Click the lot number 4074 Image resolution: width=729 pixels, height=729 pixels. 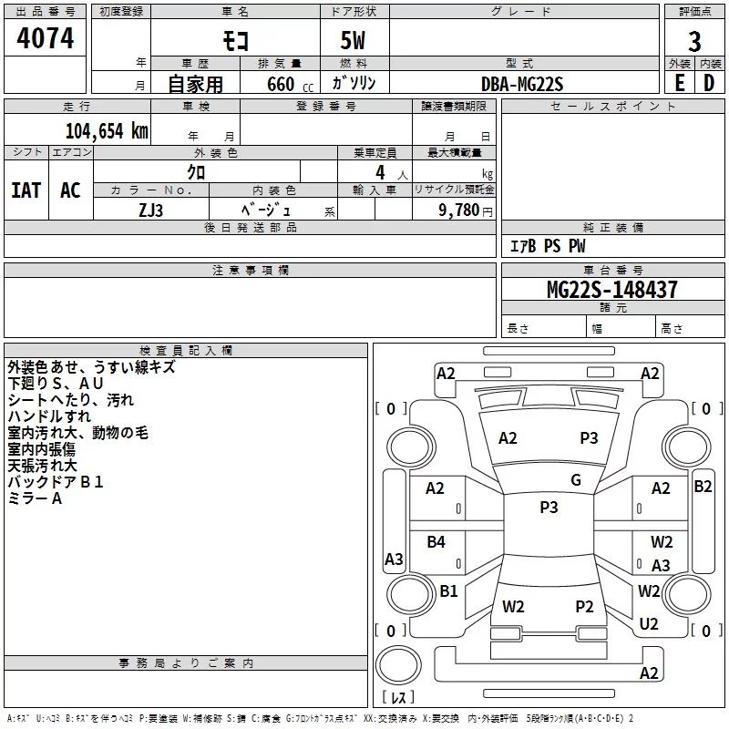tap(45, 38)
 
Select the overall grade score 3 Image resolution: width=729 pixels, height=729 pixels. tap(694, 42)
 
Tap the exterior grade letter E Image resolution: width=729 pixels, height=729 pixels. tap(680, 83)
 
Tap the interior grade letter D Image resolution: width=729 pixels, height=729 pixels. tap(709, 83)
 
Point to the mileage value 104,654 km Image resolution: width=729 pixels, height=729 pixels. tap(107, 131)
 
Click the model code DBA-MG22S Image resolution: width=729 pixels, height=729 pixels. tap(522, 84)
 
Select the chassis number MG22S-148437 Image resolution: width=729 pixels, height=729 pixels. tap(612, 290)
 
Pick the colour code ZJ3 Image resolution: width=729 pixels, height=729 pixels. tap(151, 210)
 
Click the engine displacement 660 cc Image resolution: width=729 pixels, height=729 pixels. tap(290, 85)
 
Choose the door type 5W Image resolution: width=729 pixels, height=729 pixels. tap(353, 40)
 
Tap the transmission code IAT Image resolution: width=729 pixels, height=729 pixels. tap(26, 190)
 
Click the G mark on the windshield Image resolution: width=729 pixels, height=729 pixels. tap(576, 480)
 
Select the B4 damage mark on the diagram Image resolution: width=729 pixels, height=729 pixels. tap(436, 541)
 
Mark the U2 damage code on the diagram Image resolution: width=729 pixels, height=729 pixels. tap(649, 624)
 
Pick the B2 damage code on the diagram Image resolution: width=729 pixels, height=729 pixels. tap(703, 487)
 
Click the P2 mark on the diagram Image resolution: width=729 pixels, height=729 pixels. tap(584, 607)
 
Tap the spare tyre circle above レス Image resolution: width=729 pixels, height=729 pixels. tap(398, 665)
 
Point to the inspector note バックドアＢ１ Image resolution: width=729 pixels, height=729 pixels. tap(56, 482)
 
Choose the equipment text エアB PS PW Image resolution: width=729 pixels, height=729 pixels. tap(548, 246)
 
